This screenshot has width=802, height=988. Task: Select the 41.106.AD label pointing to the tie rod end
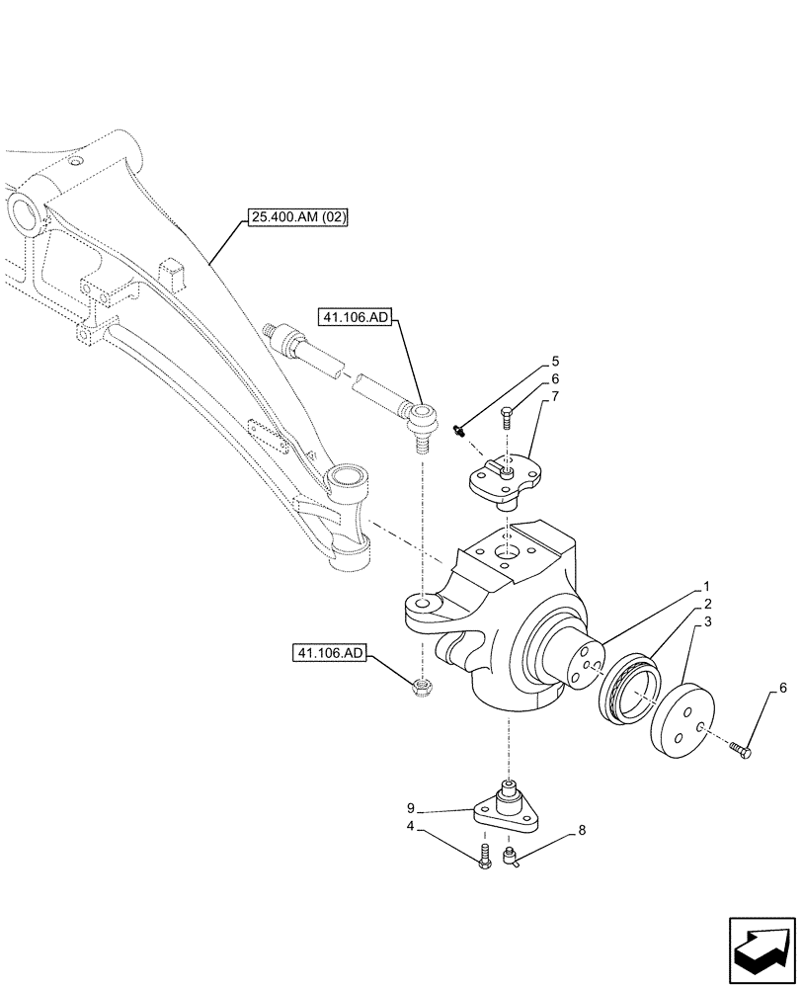coord(356,317)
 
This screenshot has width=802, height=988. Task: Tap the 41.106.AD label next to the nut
coord(330,653)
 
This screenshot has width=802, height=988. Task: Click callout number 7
coord(555,396)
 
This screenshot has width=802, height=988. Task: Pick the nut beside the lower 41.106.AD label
coord(422,685)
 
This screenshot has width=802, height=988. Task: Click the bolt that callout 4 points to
coord(484,857)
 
